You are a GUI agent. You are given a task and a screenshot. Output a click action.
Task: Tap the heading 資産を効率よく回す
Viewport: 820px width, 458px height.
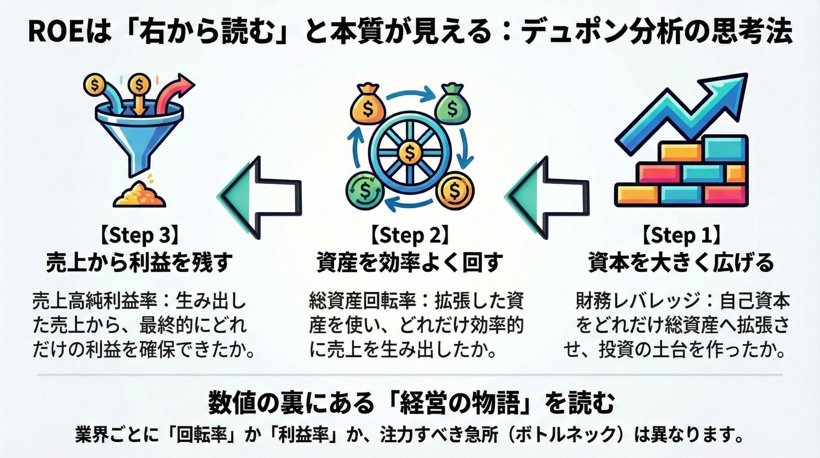(409, 263)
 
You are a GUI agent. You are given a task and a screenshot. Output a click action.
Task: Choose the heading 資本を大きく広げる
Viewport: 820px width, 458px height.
(681, 263)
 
